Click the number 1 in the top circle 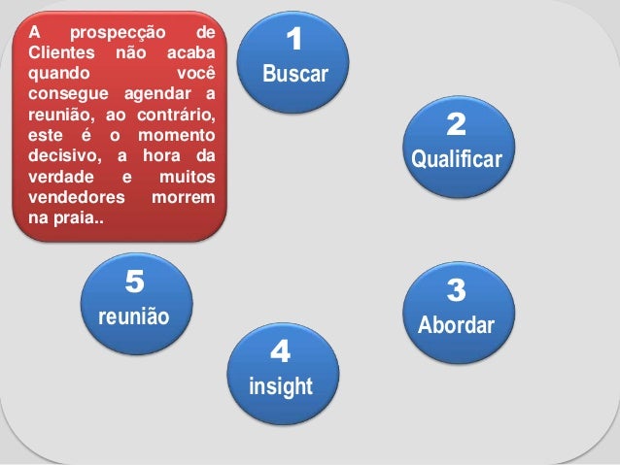(x=295, y=40)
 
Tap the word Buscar (x=295, y=75)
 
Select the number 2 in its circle (x=457, y=124)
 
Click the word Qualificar (x=457, y=159)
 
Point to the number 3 (x=456, y=290)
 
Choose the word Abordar (x=456, y=325)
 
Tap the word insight (x=281, y=387)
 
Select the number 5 (x=134, y=282)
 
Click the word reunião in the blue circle (x=134, y=316)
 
